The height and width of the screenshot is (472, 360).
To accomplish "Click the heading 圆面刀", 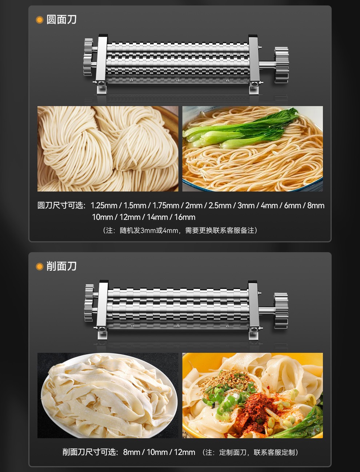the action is (x=61, y=20).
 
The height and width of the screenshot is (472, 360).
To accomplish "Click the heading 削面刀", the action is (x=61, y=266).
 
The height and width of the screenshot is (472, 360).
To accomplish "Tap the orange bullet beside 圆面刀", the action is (x=39, y=20).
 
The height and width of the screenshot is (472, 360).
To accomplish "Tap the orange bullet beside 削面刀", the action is (x=39, y=267).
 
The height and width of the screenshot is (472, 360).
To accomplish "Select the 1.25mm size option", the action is (x=104, y=206).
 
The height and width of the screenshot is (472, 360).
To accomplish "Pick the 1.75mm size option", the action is (x=166, y=206).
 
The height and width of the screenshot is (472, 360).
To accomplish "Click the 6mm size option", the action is (x=292, y=206).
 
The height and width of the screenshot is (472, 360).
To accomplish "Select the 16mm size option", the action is (x=185, y=217).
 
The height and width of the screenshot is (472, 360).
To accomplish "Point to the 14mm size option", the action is (x=157, y=217).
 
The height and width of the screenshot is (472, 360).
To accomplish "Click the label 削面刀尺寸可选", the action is (x=90, y=452).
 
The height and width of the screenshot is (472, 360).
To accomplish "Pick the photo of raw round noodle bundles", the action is (x=108, y=149).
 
